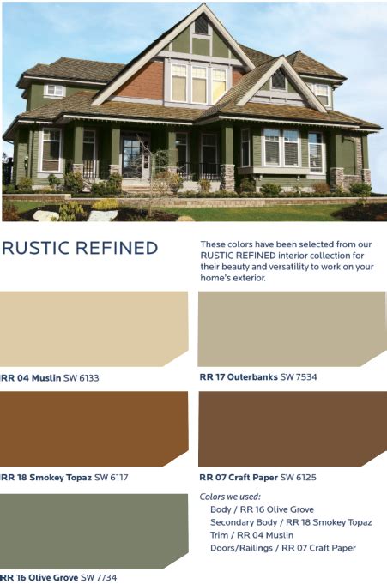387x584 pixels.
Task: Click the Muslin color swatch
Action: (94, 328)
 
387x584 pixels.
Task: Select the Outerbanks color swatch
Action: (292, 328)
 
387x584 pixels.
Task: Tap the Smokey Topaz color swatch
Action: (94, 428)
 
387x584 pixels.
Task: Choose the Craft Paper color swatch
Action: (293, 428)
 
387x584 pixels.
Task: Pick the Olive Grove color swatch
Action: (94, 531)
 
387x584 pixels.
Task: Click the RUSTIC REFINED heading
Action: (80, 248)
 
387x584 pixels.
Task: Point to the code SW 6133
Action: (82, 378)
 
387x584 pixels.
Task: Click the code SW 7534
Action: (299, 377)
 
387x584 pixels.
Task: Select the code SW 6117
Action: (111, 477)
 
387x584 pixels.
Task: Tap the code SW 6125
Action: (299, 477)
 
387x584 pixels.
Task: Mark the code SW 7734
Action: (99, 578)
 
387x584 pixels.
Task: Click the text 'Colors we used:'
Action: (230, 497)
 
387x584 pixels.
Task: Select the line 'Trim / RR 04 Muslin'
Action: (251, 535)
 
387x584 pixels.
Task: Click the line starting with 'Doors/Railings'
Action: (283, 548)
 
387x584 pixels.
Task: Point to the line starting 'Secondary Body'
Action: (291, 522)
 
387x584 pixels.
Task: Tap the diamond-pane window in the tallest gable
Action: (202, 24)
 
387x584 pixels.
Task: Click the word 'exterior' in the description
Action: (251, 278)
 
